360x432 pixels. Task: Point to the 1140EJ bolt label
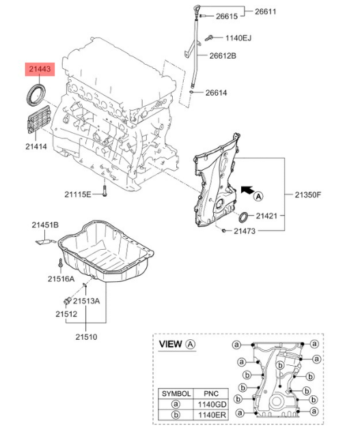click(239, 38)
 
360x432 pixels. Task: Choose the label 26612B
click(223, 56)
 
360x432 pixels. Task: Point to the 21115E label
click(78, 195)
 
